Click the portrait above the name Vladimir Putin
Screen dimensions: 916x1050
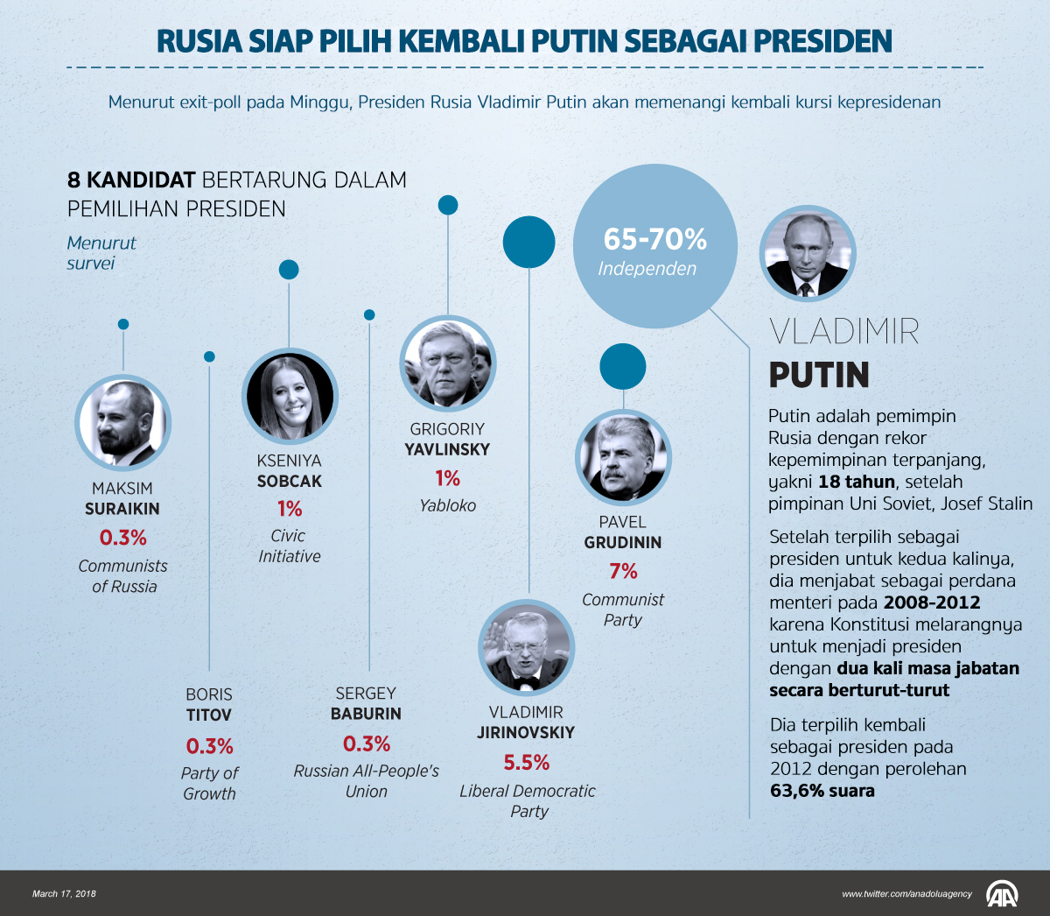[x=807, y=255]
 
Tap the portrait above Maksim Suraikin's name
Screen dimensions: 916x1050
[x=122, y=423]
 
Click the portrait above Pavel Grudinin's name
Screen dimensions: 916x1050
[x=623, y=456]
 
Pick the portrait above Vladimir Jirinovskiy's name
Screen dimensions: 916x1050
[x=526, y=647]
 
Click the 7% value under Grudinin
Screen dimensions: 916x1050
[x=623, y=572]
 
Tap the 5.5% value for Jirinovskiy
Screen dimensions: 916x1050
[x=526, y=763]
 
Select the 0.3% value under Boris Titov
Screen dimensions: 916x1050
[x=209, y=747]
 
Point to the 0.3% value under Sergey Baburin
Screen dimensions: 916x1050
[x=366, y=744]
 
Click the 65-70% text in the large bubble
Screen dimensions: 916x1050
[x=654, y=239]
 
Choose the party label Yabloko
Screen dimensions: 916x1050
[x=447, y=505]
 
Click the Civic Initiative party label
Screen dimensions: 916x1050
[x=289, y=546]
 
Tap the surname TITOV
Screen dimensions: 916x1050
[x=209, y=715]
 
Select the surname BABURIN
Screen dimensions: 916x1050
[x=366, y=714]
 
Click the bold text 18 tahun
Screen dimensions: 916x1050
[x=857, y=482]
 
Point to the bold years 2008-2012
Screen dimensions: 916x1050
[x=932, y=602]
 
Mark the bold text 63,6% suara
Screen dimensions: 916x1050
[x=822, y=791]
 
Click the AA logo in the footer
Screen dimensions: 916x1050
[x=1002, y=893]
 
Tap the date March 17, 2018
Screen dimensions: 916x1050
[x=64, y=894]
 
